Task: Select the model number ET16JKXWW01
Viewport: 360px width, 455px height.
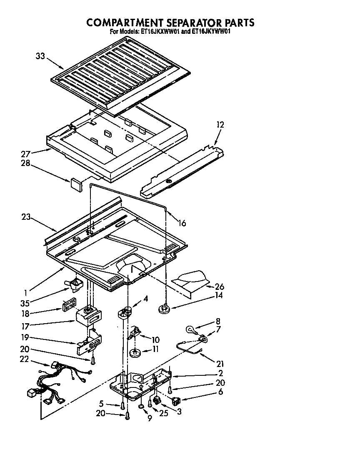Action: click(160, 31)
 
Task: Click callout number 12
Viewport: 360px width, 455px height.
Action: click(220, 124)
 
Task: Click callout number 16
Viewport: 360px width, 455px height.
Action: click(182, 223)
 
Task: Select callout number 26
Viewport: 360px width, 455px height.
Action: click(220, 287)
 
